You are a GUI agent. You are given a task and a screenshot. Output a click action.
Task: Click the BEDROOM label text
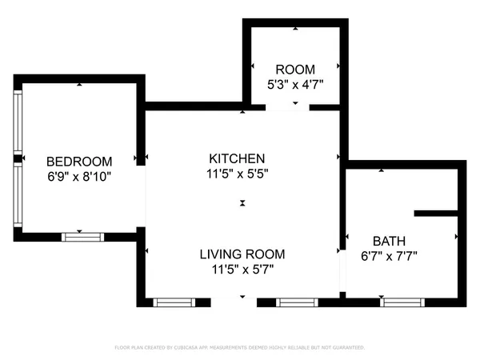click(78, 161)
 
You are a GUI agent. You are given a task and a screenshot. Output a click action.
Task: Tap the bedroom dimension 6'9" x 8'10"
click(78, 176)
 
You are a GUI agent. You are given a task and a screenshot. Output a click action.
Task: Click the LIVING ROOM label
click(242, 254)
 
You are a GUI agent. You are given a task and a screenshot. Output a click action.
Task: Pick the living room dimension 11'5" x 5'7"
click(242, 270)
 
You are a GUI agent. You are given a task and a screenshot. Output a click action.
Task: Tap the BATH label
click(390, 241)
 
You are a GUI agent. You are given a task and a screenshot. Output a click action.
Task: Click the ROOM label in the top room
click(295, 70)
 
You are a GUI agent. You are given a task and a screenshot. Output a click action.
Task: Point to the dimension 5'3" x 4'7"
click(295, 83)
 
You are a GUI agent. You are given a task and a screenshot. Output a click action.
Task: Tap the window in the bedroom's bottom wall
click(83, 236)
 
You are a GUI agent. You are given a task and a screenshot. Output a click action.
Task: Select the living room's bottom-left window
click(174, 302)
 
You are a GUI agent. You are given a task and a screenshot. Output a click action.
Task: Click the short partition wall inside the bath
click(435, 214)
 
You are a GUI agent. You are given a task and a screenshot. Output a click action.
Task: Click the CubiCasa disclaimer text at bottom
click(240, 348)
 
